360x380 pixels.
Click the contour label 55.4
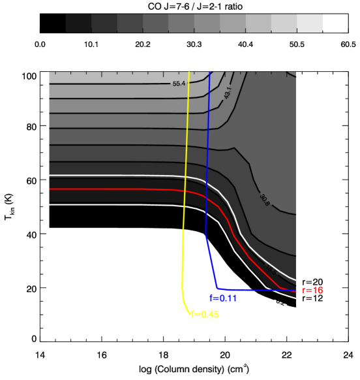[179, 84]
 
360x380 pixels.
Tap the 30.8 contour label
[264, 197]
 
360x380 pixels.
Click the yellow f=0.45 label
[205, 314]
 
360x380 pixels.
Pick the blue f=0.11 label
[224, 298]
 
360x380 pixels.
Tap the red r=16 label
[312, 290]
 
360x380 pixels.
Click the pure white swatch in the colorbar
[335, 24]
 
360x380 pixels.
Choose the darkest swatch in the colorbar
[78, 24]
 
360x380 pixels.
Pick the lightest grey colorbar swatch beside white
[310, 24]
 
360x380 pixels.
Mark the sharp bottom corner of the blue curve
[218, 288]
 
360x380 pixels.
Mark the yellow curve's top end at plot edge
[189, 72]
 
